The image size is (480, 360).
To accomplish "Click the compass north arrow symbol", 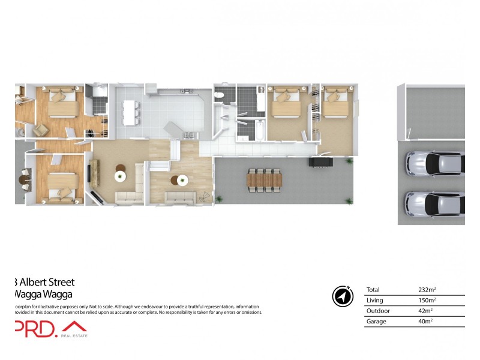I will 341,296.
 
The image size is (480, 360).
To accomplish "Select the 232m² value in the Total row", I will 427,290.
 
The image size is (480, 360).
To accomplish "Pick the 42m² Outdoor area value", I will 425,311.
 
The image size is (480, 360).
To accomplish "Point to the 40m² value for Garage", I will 425,322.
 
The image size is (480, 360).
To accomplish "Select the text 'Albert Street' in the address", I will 47,282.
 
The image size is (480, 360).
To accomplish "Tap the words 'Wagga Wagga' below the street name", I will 43,294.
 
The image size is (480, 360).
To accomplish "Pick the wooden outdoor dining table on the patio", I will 264,178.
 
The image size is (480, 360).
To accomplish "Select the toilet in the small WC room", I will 221,95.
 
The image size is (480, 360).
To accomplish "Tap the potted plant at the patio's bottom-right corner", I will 347,201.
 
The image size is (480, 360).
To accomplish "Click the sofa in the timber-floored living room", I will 179,196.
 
